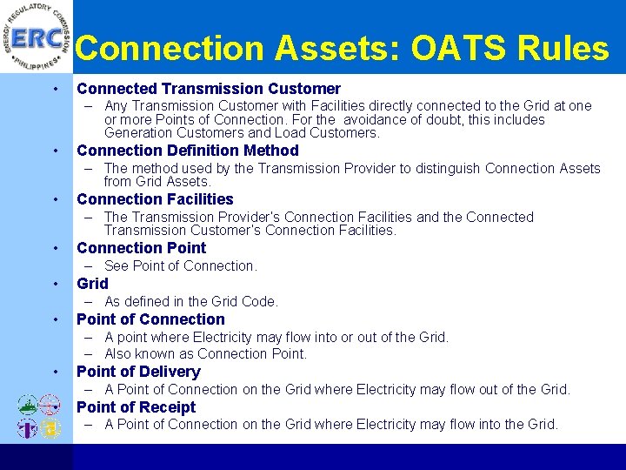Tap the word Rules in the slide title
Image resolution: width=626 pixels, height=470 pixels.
pyautogui.click(x=566, y=49)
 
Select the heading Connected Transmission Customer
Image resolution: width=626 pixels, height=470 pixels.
pyautogui.click(x=209, y=89)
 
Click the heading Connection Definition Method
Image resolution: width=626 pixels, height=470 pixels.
pyautogui.click(x=188, y=151)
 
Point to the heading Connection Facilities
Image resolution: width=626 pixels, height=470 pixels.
pyautogui.click(x=155, y=199)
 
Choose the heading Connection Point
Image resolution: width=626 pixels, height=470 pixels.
pyautogui.click(x=142, y=248)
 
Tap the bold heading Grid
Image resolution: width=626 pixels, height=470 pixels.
pyautogui.click(x=93, y=284)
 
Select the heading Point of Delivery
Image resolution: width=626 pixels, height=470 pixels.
pyautogui.click(x=138, y=372)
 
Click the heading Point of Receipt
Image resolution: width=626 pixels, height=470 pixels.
pyautogui.click(x=137, y=407)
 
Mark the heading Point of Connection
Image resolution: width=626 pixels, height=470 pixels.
pyautogui.click(x=151, y=319)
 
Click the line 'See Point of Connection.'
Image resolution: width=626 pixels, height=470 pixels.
pyautogui.click(x=181, y=266)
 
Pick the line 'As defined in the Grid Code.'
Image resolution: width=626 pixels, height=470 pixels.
pyautogui.click(x=191, y=302)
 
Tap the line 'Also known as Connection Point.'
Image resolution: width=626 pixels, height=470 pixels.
pyautogui.click(x=206, y=354)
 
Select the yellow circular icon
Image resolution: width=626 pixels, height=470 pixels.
pyautogui.click(x=51, y=428)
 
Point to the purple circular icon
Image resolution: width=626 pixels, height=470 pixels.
pyautogui.click(x=27, y=428)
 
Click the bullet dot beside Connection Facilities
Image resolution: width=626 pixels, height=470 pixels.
pyautogui.click(x=55, y=200)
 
